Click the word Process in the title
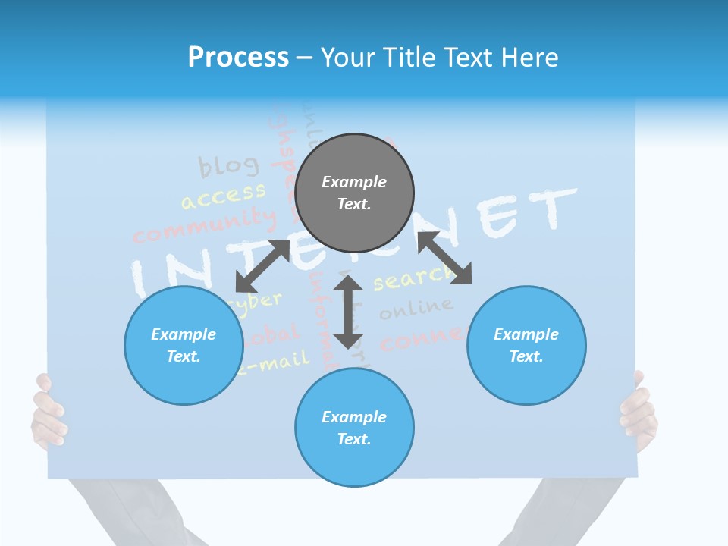[238, 58]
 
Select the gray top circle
[354, 193]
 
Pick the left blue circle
[184, 345]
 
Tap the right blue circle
[526, 345]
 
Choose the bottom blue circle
[354, 428]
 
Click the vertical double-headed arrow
[349, 312]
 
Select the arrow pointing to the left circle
[262, 265]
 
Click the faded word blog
[228, 165]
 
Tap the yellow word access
[223, 195]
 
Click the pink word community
[205, 225]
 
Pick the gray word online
[416, 308]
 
